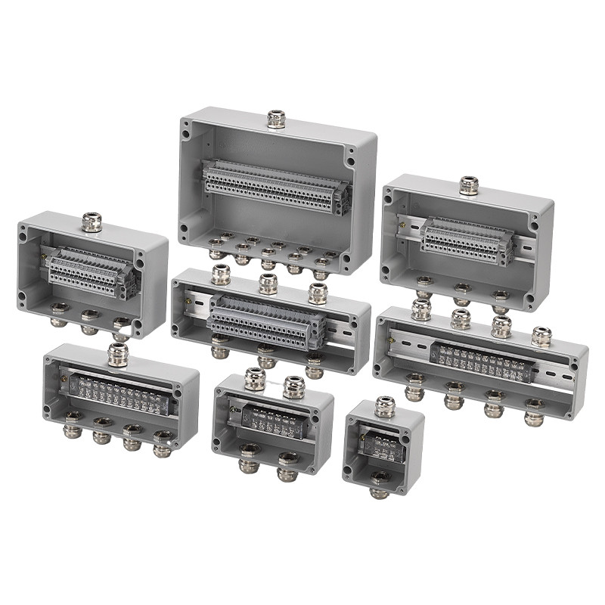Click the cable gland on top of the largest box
[x=277, y=119]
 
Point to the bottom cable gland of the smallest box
[x=380, y=482]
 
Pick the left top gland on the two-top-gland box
[x=255, y=379]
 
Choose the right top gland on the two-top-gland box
[x=293, y=387]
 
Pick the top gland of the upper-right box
[x=469, y=185]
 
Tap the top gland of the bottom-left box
[x=117, y=354]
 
